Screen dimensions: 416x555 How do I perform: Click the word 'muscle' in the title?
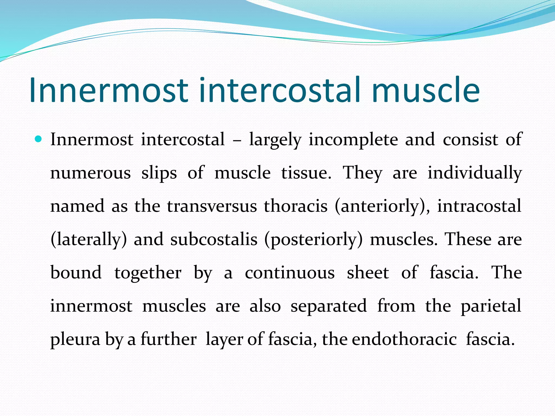[426, 90]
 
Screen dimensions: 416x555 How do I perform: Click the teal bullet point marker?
[39, 139]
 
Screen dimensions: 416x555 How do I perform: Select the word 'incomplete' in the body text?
[353, 140]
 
